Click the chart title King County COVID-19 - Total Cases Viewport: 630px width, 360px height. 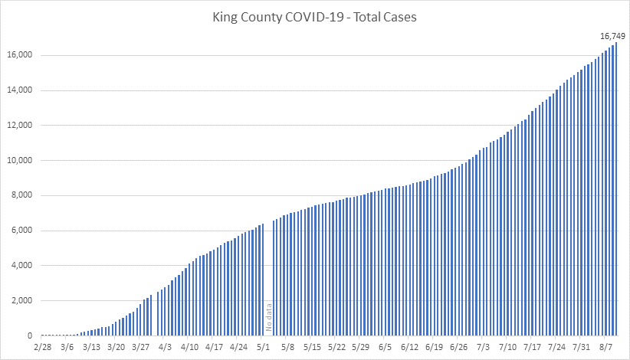click(315, 17)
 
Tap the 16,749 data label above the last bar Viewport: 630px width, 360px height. click(612, 35)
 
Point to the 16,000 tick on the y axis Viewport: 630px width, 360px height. click(20, 55)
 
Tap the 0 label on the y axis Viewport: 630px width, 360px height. click(31, 336)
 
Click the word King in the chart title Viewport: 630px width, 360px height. click(226, 17)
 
